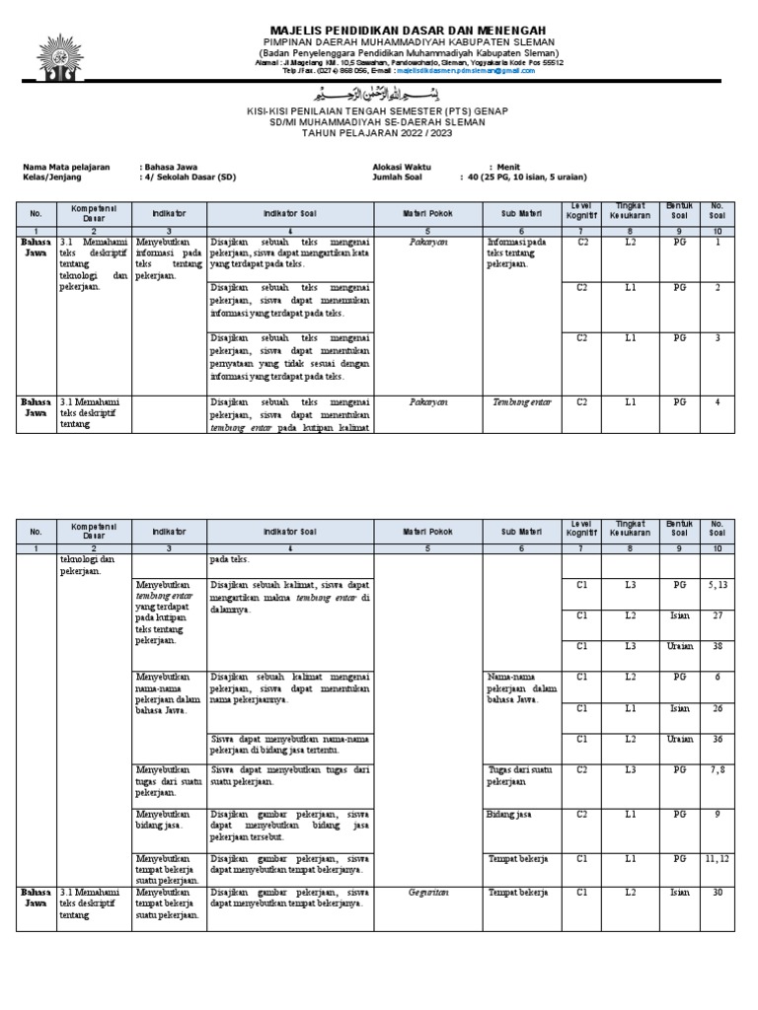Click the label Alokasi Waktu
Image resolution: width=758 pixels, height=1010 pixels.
click(x=402, y=168)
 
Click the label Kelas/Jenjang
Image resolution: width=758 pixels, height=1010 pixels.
click(x=52, y=178)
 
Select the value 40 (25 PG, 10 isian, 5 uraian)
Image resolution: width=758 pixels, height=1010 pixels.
click(x=523, y=178)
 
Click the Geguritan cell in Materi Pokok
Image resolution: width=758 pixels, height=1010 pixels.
click(x=427, y=892)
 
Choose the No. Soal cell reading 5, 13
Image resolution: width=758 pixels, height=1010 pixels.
click(x=717, y=585)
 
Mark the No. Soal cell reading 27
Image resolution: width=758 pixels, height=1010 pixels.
click(x=717, y=614)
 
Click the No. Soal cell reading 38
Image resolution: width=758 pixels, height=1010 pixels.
click(x=717, y=646)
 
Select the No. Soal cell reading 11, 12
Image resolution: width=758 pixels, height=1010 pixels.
click(x=717, y=859)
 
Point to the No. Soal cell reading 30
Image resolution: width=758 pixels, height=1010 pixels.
click(x=717, y=892)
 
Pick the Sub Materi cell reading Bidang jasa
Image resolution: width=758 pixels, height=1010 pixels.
click(x=509, y=815)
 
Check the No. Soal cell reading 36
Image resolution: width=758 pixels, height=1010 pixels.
click(x=717, y=738)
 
